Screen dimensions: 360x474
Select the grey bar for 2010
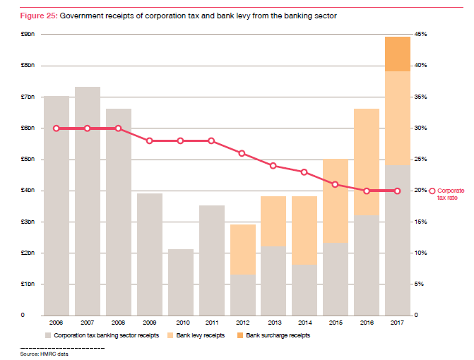pos(181,282)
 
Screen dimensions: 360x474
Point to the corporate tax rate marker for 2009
pos(150,141)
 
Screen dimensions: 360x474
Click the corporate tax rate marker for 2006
pos(57,128)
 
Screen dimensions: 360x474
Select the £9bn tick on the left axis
pos(28,34)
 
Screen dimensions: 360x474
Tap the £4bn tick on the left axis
pos(28,191)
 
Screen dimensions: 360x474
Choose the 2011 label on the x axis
pos(212,324)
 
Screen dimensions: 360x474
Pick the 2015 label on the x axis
pos(336,324)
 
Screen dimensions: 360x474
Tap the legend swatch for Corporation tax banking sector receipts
pos(47,335)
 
